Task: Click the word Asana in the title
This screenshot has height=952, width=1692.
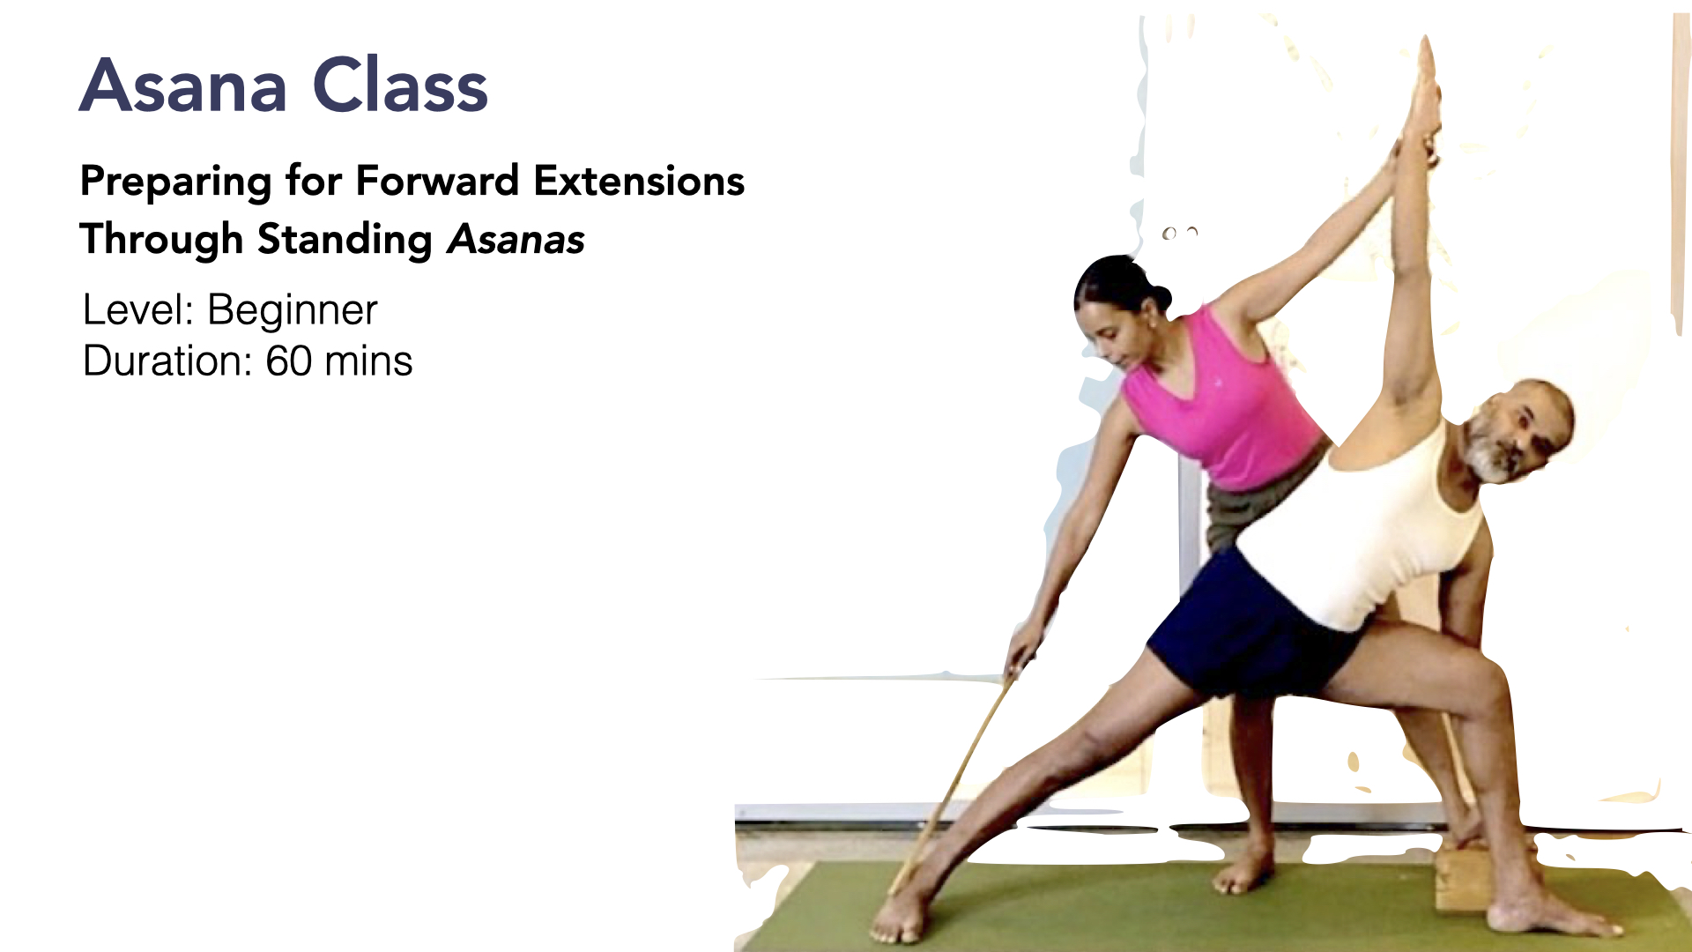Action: point(183,86)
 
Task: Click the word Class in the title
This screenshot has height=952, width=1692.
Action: point(400,86)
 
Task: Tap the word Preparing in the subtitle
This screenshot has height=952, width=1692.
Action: point(175,182)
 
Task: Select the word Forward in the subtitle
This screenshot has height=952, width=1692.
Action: point(437,181)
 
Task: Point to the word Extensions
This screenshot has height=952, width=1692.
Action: point(639,181)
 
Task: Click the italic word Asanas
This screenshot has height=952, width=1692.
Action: point(516,240)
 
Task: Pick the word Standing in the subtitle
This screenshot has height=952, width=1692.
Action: point(345,240)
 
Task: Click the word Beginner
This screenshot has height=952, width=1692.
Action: point(293,311)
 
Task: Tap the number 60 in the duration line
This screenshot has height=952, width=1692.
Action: point(289,361)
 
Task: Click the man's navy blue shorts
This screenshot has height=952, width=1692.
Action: point(1251,626)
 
